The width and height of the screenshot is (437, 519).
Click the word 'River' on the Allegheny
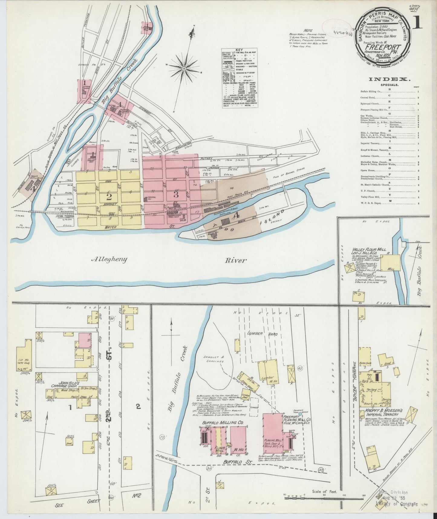236,260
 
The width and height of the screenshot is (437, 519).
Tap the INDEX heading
390,79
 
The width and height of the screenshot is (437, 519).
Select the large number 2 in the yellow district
109,197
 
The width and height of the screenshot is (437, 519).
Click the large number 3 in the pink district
176,195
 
